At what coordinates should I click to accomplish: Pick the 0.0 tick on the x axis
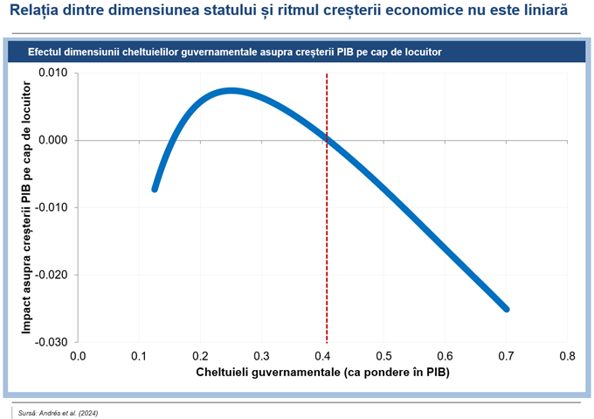pos(78,356)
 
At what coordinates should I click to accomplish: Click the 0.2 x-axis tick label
pos(200,356)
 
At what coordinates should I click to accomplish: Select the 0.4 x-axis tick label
pos(322,356)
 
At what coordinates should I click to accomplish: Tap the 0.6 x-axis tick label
pos(445,356)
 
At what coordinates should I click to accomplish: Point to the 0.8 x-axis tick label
pos(567,356)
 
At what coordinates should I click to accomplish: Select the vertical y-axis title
pos(28,207)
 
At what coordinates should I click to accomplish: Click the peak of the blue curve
pos(230,90)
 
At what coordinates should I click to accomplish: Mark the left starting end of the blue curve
pos(155,188)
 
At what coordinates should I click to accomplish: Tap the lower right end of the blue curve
pos(506,309)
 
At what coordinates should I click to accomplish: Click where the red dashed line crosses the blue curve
pos(327,138)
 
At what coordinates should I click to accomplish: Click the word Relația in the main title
pos(35,13)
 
